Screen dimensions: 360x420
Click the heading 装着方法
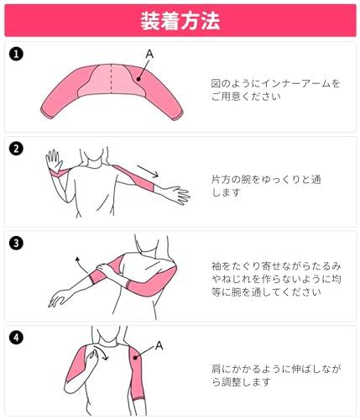pos(180,21)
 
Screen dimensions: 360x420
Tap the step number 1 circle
pos(16,54)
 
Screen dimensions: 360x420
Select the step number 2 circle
pos(16,149)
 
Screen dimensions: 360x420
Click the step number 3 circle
pos(16,243)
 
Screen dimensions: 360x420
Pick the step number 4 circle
pos(16,338)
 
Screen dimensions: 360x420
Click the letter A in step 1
pos(150,54)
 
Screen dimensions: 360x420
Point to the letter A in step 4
pos(159,345)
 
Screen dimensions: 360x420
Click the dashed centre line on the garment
pos(112,79)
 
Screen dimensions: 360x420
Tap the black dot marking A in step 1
pos(138,79)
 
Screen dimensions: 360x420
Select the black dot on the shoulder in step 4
pos(135,358)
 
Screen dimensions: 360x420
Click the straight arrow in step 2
pos(148,171)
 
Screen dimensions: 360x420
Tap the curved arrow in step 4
pos(102,352)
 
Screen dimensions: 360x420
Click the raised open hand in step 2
pos(54,160)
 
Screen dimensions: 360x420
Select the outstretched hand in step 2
pos(177,194)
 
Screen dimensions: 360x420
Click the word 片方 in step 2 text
pos(222,180)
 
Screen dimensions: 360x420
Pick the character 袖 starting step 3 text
pos(217,266)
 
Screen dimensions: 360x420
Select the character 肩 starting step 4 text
pos(217,369)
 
